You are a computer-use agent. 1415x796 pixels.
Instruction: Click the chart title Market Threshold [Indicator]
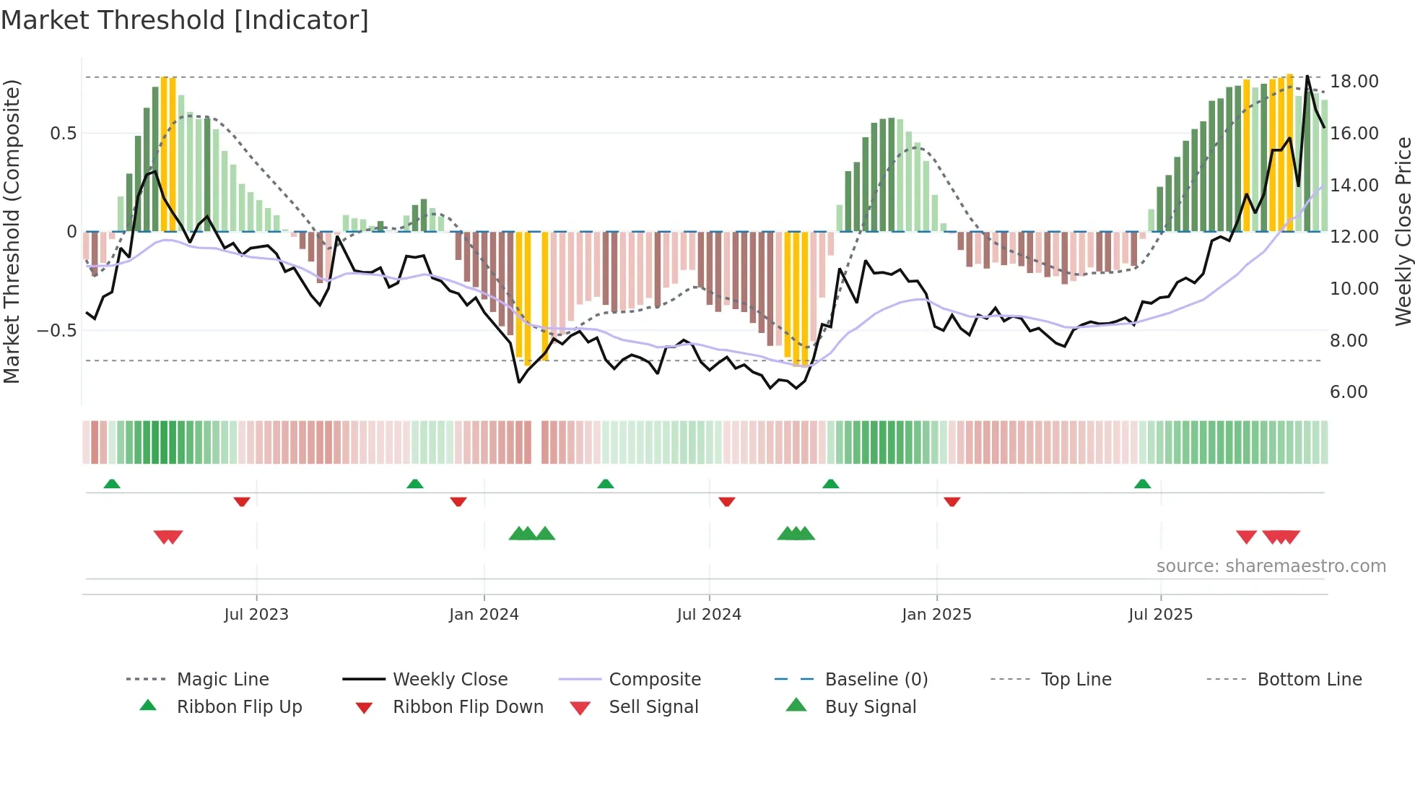(185, 20)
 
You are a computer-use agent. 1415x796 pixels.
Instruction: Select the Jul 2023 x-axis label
(256, 615)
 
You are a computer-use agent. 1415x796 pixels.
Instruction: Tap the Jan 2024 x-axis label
(484, 615)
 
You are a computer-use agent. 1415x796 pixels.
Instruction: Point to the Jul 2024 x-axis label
(709, 615)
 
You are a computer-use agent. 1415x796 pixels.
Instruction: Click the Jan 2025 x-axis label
(936, 615)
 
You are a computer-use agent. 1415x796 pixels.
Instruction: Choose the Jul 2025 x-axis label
(1160, 615)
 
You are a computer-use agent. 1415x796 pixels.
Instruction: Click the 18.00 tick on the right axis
(1354, 82)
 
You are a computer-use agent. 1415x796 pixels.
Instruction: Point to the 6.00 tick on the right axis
(1349, 392)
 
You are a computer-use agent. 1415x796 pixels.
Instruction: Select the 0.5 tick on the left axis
(63, 134)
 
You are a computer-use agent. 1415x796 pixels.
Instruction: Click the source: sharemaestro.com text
(1271, 566)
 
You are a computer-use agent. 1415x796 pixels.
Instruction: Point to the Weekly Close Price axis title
(1403, 231)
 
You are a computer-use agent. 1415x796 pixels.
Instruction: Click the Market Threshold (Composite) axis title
(12, 231)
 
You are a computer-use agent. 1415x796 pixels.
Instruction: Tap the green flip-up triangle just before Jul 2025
(1142, 484)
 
